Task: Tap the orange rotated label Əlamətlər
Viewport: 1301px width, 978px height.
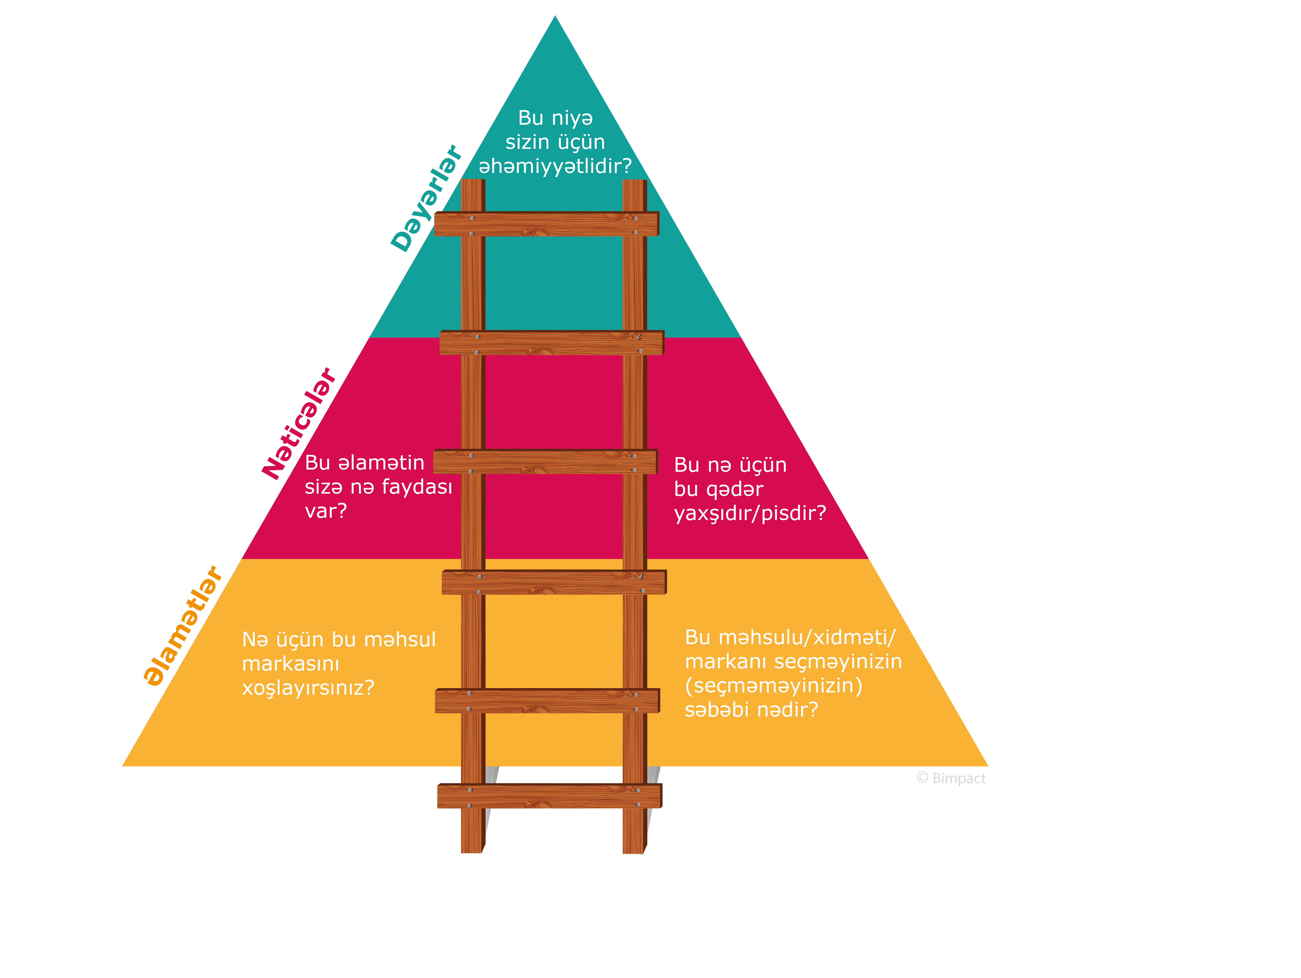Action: pyautogui.click(x=183, y=626)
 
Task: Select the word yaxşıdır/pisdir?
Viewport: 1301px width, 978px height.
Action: pyautogui.click(x=750, y=514)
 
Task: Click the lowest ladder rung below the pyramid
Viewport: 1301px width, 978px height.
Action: pyautogui.click(x=549, y=796)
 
